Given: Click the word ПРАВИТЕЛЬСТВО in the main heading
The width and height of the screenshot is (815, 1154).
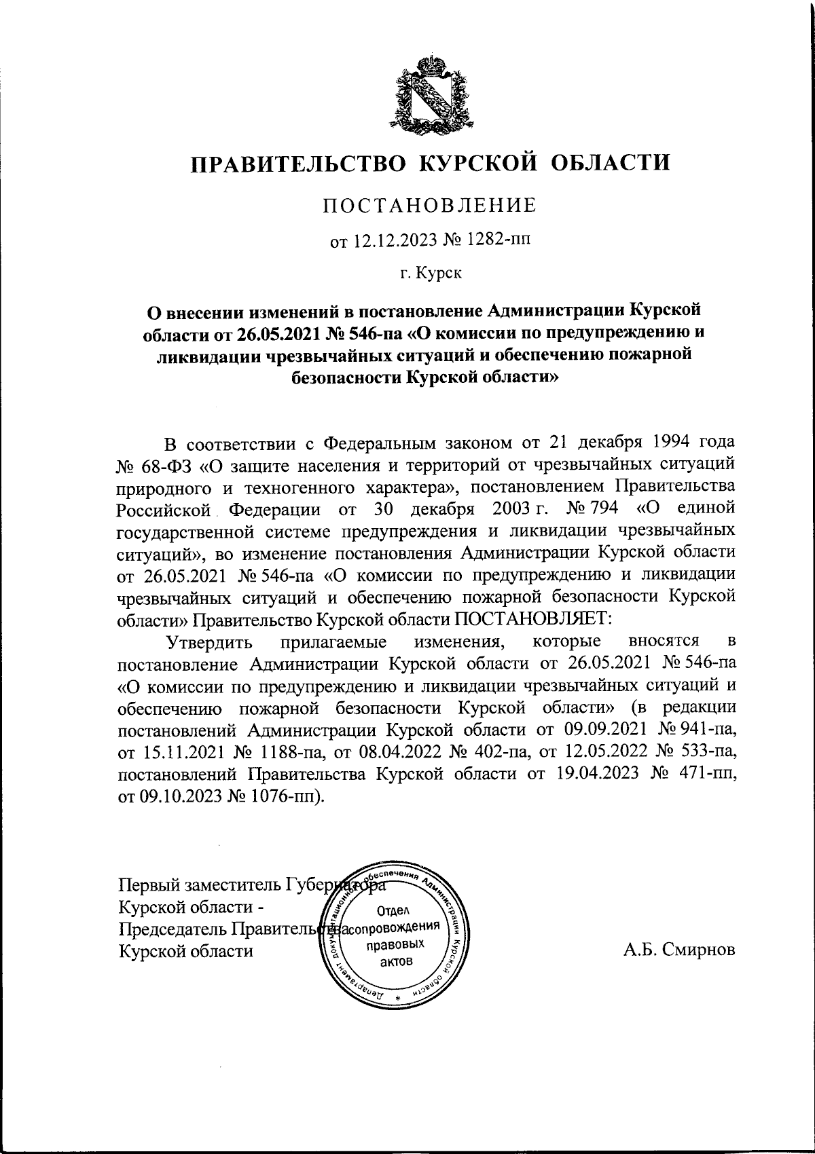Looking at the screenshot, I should pyautogui.click(x=296, y=164).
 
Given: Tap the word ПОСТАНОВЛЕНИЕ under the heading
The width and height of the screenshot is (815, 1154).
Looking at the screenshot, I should pyautogui.click(x=429, y=205).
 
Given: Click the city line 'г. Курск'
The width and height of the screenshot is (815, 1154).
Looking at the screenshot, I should pyautogui.click(x=431, y=274).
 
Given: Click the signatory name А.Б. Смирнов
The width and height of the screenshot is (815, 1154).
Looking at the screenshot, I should pyautogui.click(x=679, y=950).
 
